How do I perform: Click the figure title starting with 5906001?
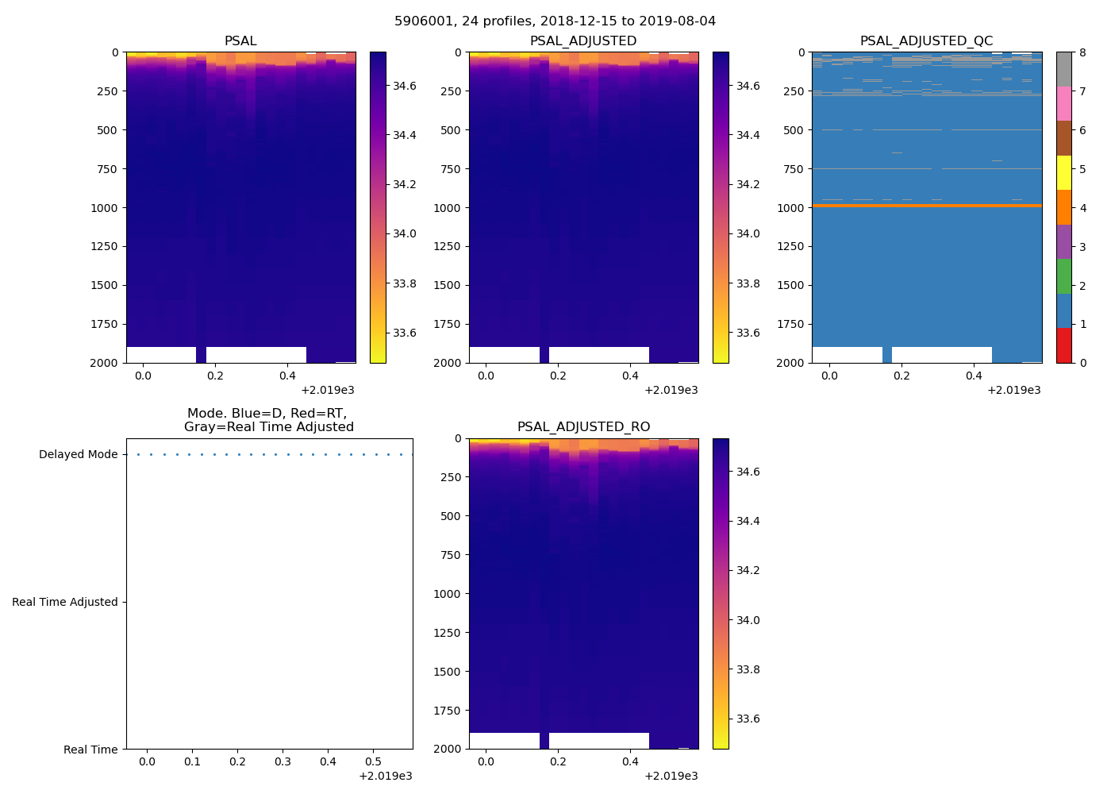[555, 21]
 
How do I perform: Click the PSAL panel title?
[240, 40]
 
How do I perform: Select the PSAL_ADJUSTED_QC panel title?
[926, 40]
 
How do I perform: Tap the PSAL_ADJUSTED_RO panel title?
[583, 426]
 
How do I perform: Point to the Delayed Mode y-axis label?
[78, 454]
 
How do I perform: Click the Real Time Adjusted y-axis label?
[65, 602]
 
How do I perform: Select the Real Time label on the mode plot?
[90, 750]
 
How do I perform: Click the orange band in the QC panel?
[926, 206]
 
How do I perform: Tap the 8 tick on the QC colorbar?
[1082, 52]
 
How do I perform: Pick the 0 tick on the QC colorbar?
[1082, 363]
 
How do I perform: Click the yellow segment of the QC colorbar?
[1063, 172]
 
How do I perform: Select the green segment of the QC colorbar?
[1063, 276]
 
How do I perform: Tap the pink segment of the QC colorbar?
[1063, 103]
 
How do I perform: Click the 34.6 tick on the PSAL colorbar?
[405, 86]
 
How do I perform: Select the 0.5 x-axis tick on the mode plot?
[373, 761]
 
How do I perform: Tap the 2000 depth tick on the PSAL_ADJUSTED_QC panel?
[790, 363]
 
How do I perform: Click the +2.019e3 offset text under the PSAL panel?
[328, 390]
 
